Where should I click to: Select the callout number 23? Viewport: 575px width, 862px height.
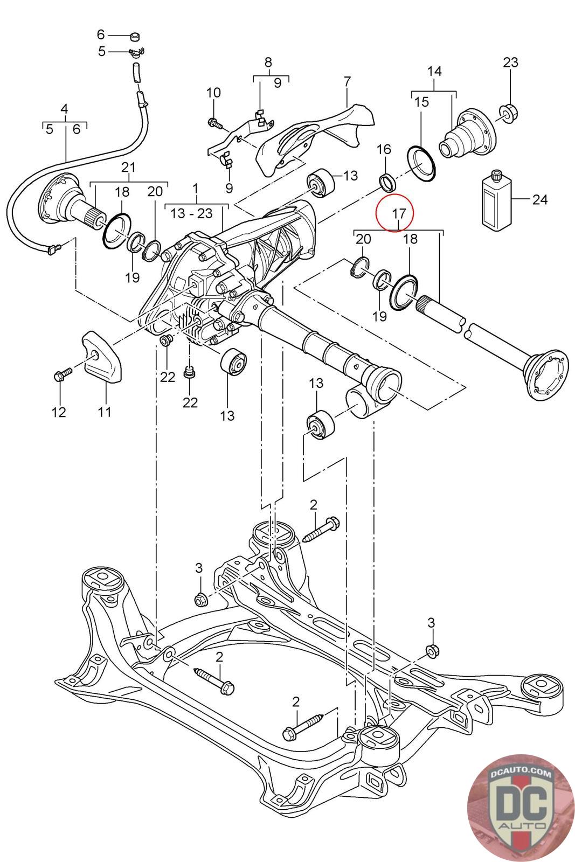pyautogui.click(x=510, y=62)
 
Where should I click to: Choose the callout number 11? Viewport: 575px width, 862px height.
pyautogui.click(x=105, y=412)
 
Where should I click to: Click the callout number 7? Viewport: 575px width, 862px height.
pyautogui.click(x=347, y=82)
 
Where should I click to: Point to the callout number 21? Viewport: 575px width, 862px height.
pyautogui.click(x=128, y=167)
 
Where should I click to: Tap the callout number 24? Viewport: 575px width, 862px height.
pyautogui.click(x=539, y=200)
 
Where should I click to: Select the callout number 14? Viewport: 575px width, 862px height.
pyautogui.click(x=434, y=71)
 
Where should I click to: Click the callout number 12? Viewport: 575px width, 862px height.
pyautogui.click(x=59, y=412)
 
